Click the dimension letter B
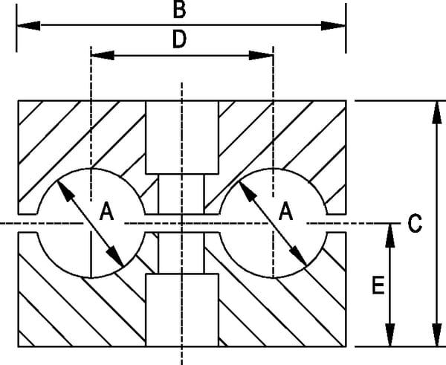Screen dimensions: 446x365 179,10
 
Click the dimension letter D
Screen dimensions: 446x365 179,39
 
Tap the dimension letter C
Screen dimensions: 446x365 415,224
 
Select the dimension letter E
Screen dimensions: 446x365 378,285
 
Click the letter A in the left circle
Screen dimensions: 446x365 106,211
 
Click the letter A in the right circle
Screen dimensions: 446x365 285,211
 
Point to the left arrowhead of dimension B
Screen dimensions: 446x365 28,25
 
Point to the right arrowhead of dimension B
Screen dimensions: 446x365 333,25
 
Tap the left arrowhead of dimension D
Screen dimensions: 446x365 103,56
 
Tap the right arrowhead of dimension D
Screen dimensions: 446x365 261,56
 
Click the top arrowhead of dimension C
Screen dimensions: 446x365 436,112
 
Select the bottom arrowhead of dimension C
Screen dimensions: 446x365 436,335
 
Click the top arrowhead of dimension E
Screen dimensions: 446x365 390,236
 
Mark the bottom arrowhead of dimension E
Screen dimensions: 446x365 390,335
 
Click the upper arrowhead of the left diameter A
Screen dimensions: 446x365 65,191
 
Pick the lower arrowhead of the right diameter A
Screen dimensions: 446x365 298,256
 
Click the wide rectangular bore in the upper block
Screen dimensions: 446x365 182,138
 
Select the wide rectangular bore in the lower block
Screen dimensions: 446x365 182,310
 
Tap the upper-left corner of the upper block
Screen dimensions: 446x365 19,100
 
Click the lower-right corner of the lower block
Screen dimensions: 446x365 346,346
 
